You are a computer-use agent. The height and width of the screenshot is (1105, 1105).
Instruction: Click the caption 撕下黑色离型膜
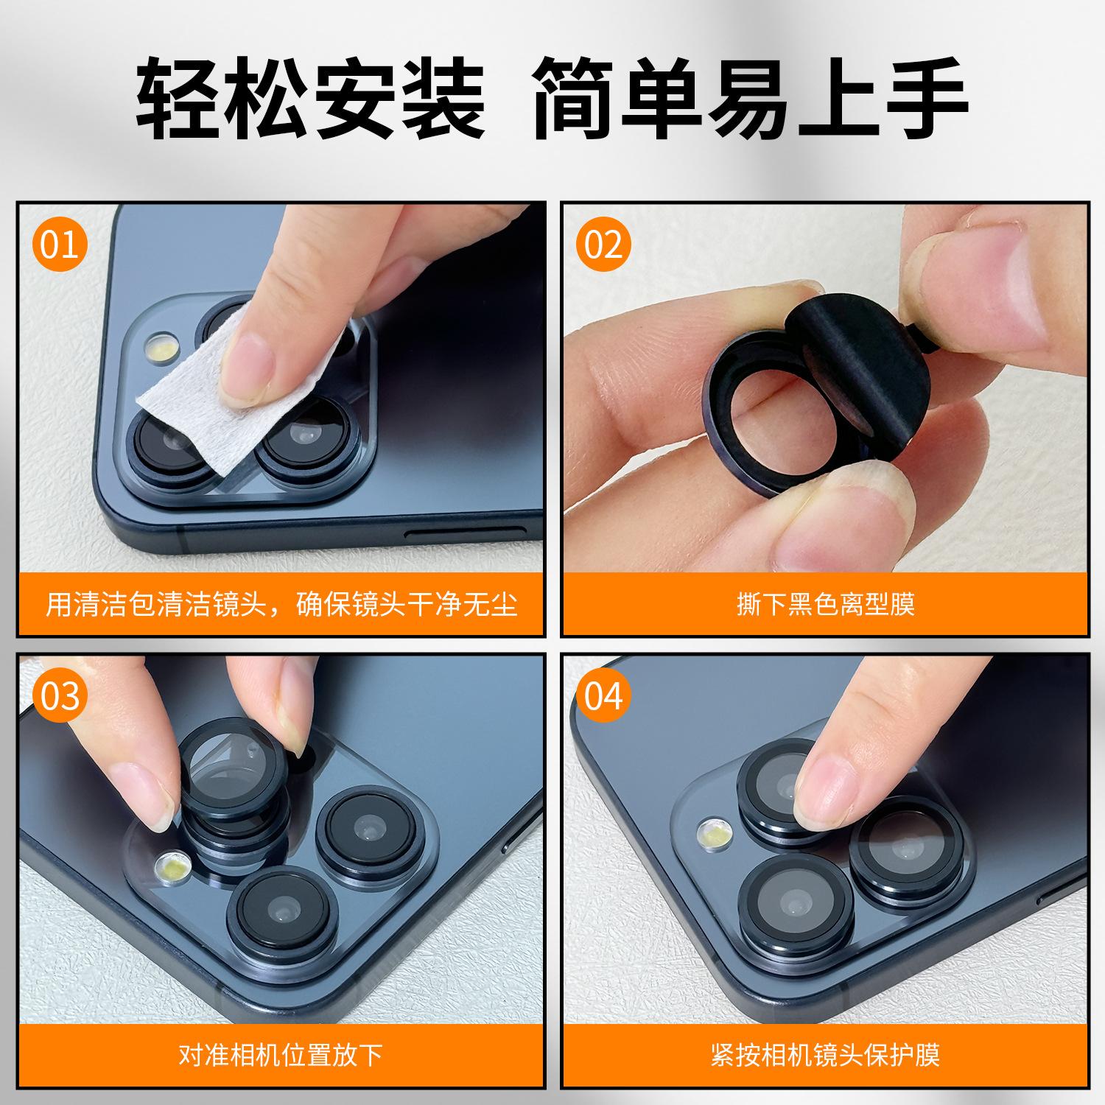tap(826, 604)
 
